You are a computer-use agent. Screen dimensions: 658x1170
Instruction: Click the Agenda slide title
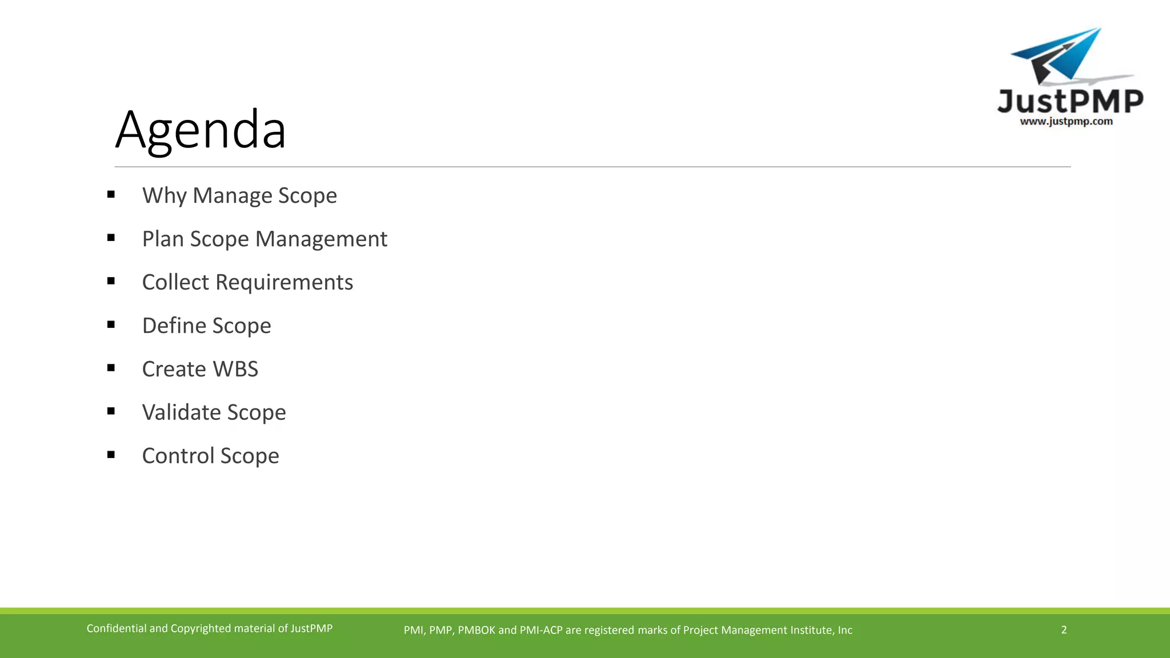[x=201, y=130]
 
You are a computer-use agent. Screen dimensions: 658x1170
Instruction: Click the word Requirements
[x=284, y=282]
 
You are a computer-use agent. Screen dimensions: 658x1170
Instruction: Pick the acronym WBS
[x=235, y=369]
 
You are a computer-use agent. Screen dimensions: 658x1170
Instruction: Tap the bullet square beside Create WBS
[x=111, y=368]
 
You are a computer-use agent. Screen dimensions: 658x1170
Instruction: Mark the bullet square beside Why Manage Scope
[x=111, y=195]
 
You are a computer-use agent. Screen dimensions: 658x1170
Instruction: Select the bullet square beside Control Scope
[x=111, y=455]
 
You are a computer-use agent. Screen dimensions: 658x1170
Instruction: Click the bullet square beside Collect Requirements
[x=111, y=281]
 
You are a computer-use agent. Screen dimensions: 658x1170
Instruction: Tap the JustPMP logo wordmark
[x=1070, y=102]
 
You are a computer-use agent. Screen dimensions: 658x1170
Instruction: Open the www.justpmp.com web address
[x=1066, y=122]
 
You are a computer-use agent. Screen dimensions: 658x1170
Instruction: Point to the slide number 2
[x=1064, y=629]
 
